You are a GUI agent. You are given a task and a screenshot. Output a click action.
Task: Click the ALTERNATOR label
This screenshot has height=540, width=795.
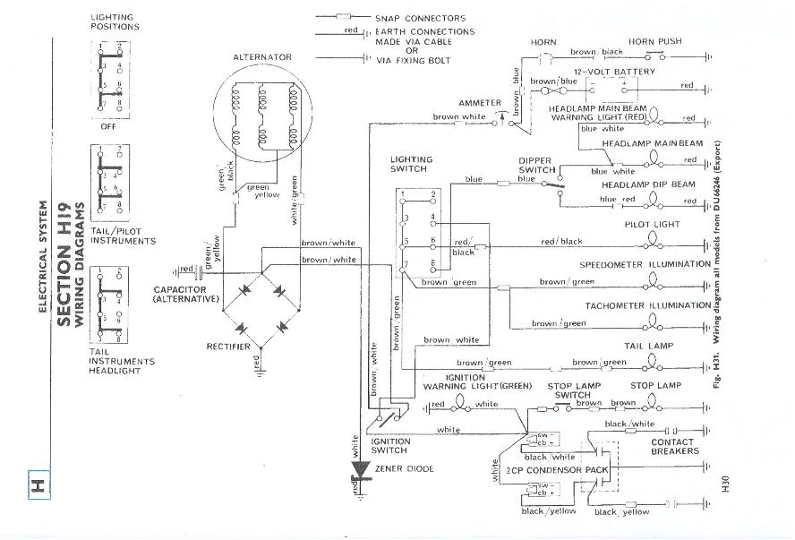tap(262, 57)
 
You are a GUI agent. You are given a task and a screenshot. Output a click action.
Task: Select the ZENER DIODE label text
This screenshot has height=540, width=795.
tap(407, 468)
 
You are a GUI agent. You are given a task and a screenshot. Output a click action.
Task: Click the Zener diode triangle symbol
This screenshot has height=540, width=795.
tap(362, 468)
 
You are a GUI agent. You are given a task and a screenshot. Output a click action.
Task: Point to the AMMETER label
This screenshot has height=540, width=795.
tap(480, 103)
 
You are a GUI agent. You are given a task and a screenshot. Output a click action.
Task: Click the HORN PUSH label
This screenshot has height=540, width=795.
tap(654, 41)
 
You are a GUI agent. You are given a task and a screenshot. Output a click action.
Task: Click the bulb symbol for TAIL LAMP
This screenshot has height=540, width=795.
tap(653, 362)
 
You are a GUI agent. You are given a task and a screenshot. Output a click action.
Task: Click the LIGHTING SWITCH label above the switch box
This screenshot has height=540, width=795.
tap(411, 164)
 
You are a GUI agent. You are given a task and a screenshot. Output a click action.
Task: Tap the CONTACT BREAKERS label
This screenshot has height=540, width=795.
tap(672, 447)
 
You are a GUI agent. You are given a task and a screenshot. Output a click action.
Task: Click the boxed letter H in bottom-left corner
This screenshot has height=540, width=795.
tap(38, 486)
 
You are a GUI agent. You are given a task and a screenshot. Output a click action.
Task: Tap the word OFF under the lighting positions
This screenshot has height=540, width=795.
tap(109, 126)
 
